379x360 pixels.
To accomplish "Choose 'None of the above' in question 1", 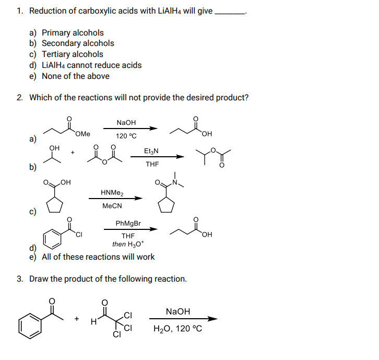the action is click(x=76, y=76).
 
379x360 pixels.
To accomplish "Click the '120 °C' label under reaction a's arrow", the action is click(x=126, y=136).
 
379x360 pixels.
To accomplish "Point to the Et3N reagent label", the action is click(x=151, y=151).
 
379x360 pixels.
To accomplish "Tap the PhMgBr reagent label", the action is click(x=128, y=223).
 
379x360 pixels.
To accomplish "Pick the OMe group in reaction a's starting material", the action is click(x=82, y=134).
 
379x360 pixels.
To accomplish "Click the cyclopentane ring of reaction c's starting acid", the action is click(x=54, y=205).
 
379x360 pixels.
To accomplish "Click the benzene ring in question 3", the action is click(x=30, y=327).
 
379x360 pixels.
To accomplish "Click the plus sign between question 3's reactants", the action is click(x=76, y=318).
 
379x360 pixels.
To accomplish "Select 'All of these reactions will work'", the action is click(x=98, y=257).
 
